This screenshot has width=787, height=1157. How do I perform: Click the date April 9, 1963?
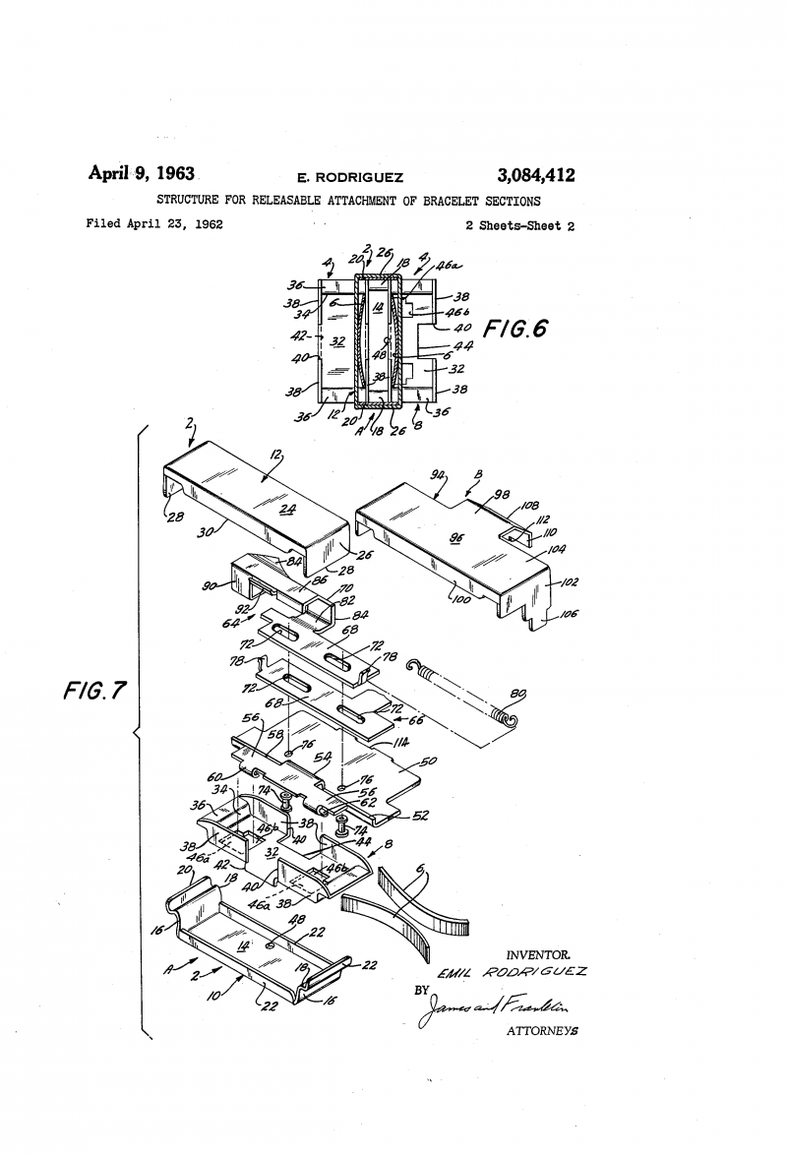pos(142,173)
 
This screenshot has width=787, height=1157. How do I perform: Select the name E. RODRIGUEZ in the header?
pos(350,178)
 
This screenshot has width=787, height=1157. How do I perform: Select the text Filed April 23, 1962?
pos(154,224)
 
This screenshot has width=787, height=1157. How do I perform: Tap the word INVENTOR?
pos(538,955)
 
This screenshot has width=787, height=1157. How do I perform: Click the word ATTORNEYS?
pos(541,1032)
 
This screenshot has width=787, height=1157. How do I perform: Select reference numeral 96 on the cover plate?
pos(455,538)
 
